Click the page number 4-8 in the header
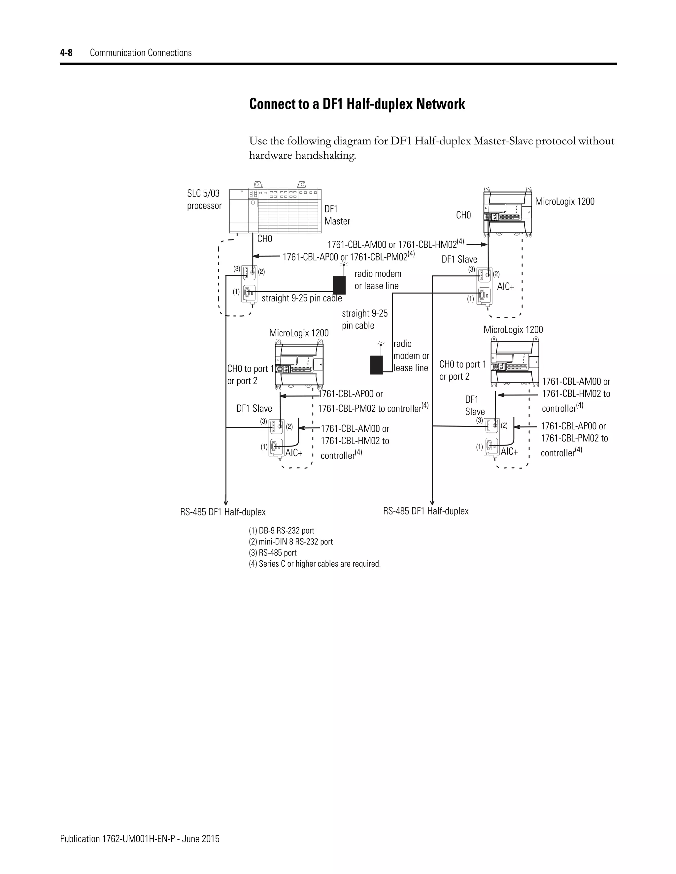[x=66, y=53]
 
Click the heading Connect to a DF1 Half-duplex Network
[x=357, y=104]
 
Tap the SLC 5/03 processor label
[x=204, y=199]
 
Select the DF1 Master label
[x=337, y=215]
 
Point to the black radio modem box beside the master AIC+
[x=339, y=285]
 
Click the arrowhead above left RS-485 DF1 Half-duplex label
[x=226, y=503]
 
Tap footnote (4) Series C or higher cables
[x=314, y=564]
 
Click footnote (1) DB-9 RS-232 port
[x=281, y=531]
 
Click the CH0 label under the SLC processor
[x=264, y=239]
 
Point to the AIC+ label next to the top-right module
[x=505, y=287]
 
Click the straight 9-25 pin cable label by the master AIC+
[x=302, y=298]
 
